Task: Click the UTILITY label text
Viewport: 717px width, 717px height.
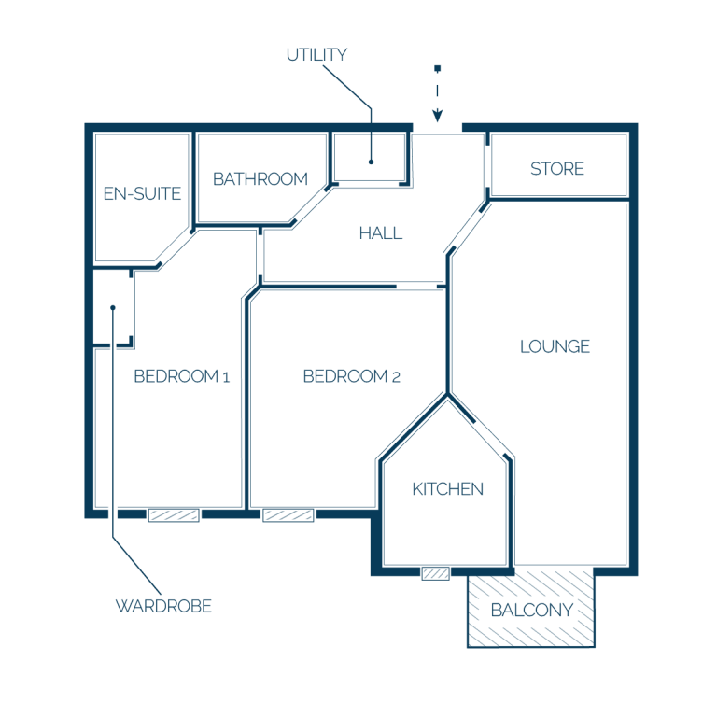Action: point(316,55)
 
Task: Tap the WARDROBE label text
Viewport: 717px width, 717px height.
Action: point(163,606)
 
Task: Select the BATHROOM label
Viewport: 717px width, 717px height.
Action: point(260,179)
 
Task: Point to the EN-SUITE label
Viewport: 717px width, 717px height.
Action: point(142,193)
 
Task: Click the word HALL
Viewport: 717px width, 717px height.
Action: point(381,233)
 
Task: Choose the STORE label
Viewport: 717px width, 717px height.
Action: point(557,169)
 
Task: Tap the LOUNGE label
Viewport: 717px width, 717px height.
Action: point(555,346)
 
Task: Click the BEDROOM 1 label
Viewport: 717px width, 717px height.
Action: point(181,376)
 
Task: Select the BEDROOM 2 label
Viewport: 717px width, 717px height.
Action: point(352,376)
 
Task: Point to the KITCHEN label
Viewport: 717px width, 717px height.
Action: point(448,489)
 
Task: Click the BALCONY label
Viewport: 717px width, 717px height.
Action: point(532,610)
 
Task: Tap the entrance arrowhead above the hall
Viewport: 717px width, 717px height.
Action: point(438,115)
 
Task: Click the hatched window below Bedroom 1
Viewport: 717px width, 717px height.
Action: point(174,515)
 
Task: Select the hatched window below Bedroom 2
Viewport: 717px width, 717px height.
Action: point(288,515)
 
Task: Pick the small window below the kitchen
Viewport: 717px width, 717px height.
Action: point(435,573)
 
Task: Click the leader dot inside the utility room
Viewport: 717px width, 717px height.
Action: point(371,162)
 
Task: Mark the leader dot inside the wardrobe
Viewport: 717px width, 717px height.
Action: point(113,308)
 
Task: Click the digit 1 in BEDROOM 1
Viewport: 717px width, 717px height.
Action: point(226,377)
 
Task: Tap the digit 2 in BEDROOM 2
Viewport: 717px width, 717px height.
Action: point(396,377)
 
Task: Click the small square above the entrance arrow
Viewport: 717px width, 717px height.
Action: point(438,68)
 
